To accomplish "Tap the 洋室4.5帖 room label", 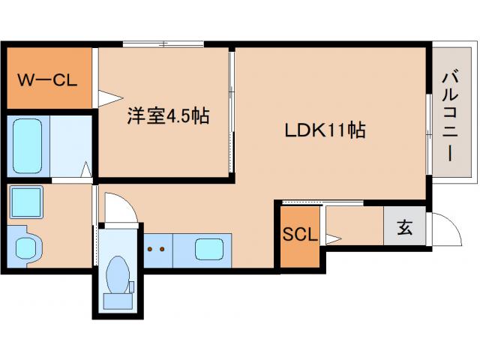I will (x=167, y=116).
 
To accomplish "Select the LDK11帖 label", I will (x=324, y=130).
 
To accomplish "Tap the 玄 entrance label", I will (x=404, y=227).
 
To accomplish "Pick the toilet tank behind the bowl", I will (x=117, y=299).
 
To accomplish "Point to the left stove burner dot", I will (x=149, y=247).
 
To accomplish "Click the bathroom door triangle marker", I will (x=87, y=170).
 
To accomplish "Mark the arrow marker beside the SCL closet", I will (x=334, y=238).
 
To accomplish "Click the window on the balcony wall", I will (x=428, y=135).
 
